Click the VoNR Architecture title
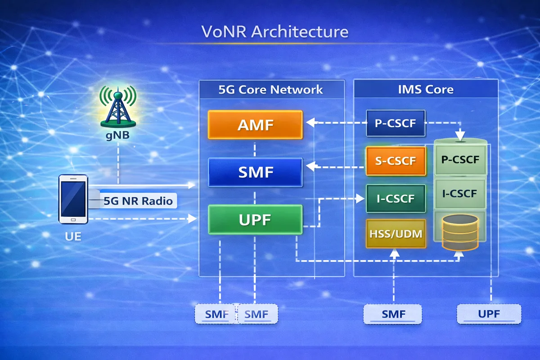pos(274,32)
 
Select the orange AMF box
pos(255,125)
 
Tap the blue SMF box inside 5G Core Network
pos(255,172)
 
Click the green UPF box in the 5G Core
pos(255,220)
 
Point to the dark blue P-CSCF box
pos(396,123)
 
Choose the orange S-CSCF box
pos(396,161)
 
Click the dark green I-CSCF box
pos(396,198)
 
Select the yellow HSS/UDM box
pos(396,234)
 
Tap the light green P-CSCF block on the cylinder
pos(460,160)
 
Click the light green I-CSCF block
pos(460,194)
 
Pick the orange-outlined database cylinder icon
pos(460,232)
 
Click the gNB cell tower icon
pos(118,107)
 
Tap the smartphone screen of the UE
pos(72,198)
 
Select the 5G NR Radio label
pos(138,201)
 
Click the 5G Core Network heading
pos(271,89)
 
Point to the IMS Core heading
pos(426,89)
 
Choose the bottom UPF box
pos(489,314)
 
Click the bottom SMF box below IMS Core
pos(393,314)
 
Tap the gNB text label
pos(118,135)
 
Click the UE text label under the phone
pos(72,236)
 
